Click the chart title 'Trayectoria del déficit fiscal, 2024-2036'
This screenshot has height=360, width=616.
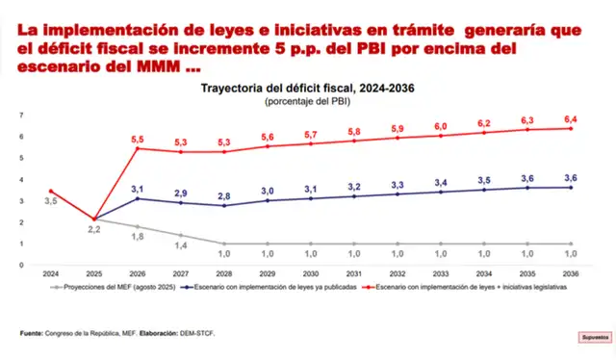[308, 88]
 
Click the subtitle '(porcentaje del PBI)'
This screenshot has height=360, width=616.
[308, 100]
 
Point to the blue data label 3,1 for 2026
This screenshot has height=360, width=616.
[137, 189]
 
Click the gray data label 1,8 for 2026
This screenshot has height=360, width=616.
[137, 236]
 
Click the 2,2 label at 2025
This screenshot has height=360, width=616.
[93, 230]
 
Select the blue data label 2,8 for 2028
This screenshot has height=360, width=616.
[223, 195]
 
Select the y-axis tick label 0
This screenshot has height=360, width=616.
[21, 265]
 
